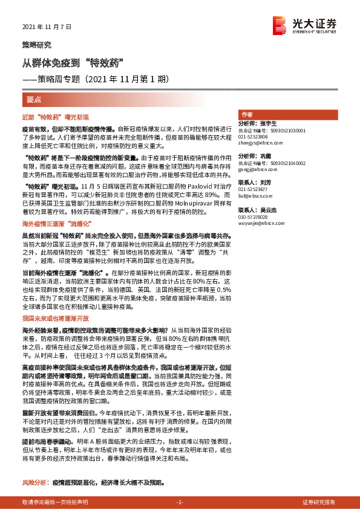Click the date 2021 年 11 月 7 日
tap(47, 27)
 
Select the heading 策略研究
tap(36, 45)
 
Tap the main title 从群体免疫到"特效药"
tap(73, 63)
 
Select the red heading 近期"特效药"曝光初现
tap(55, 116)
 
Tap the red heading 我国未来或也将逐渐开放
tap(56, 317)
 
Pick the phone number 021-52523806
tap(255, 137)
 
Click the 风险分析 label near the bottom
tap(35, 484)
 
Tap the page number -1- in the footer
tap(179, 502)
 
